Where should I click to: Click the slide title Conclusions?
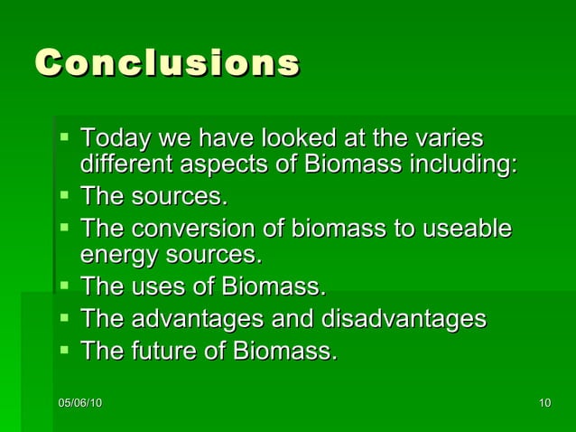(167, 63)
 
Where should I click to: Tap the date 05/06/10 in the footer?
(79, 402)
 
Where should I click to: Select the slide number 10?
(543, 402)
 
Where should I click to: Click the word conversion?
(196, 228)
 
